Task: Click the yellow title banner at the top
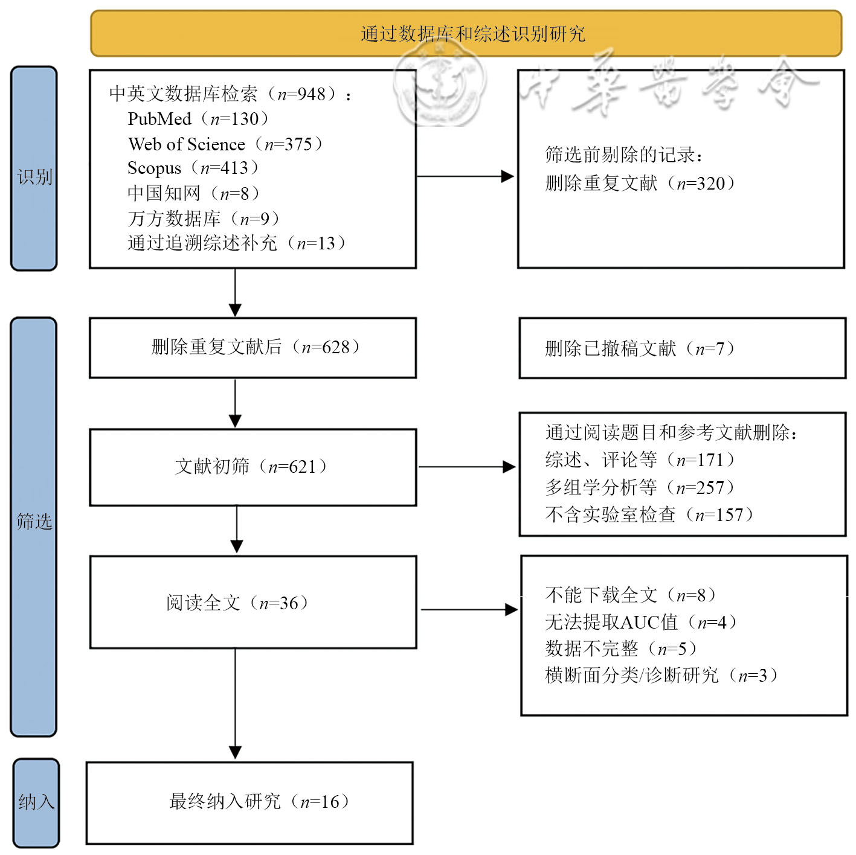pyautogui.click(x=466, y=33)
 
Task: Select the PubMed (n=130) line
pyautogui.click(x=198, y=118)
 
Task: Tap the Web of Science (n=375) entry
pyautogui.click(x=225, y=144)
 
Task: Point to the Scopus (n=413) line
pyautogui.click(x=193, y=168)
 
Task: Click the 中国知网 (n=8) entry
pyautogui.click(x=193, y=193)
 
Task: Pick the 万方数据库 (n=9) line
pyautogui.click(x=203, y=219)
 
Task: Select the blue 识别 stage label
pyautogui.click(x=34, y=168)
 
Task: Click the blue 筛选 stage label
pyautogui.click(x=34, y=527)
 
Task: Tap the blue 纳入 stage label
pyautogui.click(x=36, y=803)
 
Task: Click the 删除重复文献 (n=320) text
pyautogui.click(x=640, y=183)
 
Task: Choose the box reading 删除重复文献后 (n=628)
pyautogui.click(x=253, y=348)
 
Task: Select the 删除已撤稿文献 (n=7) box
pyautogui.click(x=682, y=348)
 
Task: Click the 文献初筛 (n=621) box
pyautogui.click(x=253, y=467)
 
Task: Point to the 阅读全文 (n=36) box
pyautogui.click(x=253, y=602)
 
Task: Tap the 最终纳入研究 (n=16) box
pyautogui.click(x=249, y=803)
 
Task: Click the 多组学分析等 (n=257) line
pyautogui.click(x=640, y=487)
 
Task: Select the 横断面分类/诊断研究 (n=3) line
pyautogui.click(x=661, y=675)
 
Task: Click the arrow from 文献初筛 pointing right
pyautogui.click(x=468, y=467)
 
